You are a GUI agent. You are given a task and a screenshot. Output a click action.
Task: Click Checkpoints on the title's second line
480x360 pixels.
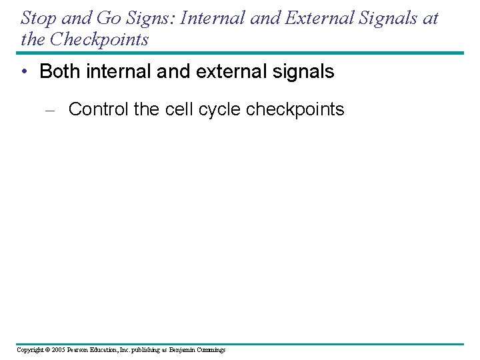click(97, 39)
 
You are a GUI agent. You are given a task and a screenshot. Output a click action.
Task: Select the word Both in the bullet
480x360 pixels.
click(59, 72)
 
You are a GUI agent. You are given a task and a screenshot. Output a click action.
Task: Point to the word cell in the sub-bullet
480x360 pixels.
click(173, 109)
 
